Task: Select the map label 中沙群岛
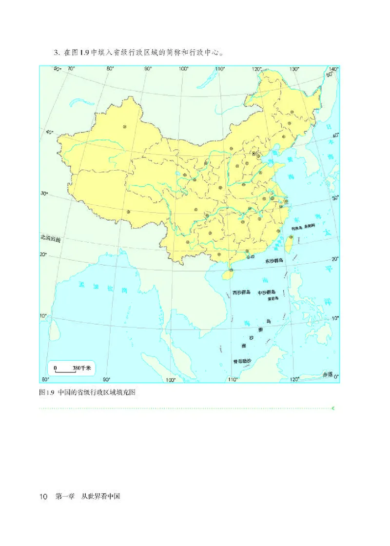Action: click(267, 292)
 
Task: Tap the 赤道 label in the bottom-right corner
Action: click(327, 374)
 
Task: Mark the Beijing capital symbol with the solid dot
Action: click(254, 154)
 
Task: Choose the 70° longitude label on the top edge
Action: click(71, 69)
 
